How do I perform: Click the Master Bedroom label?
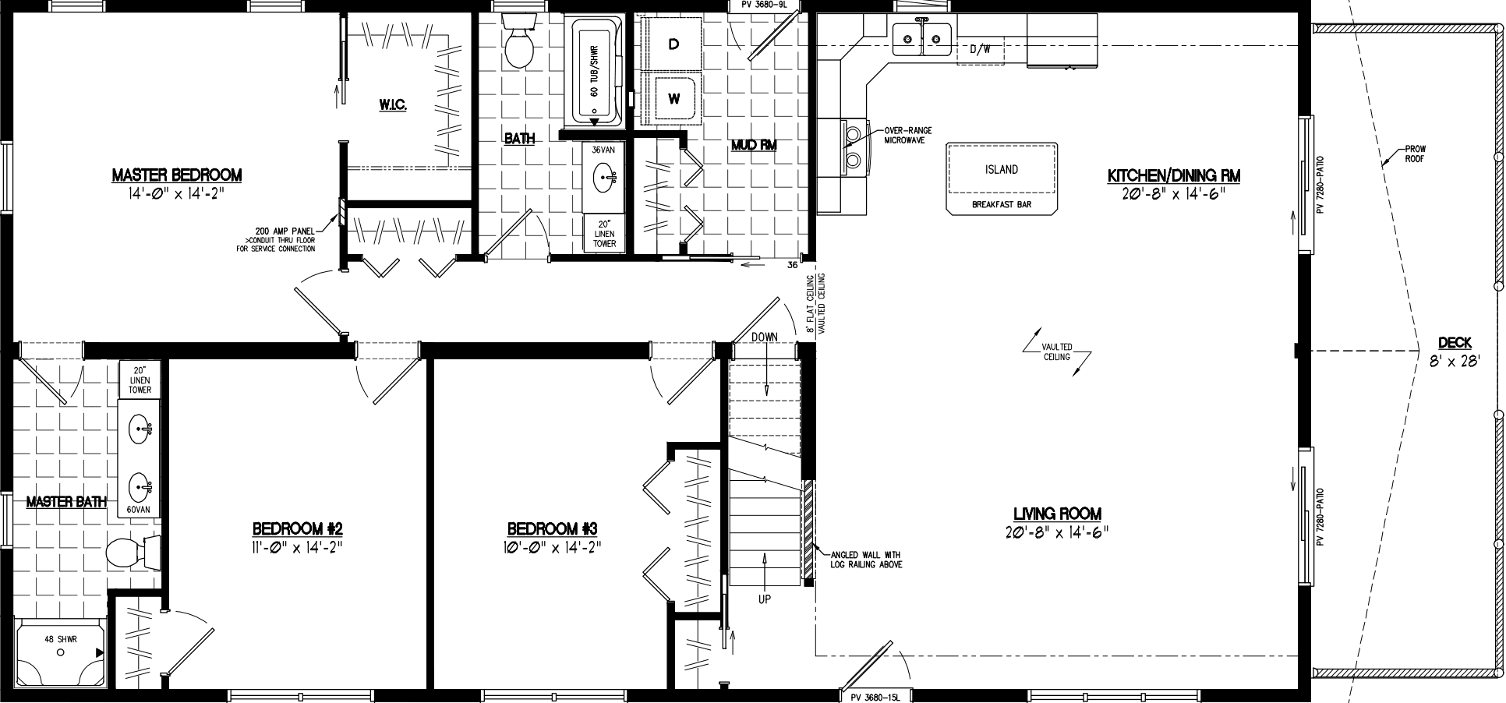pos(176,175)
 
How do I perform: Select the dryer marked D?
pos(673,44)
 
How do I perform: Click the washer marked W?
pos(673,99)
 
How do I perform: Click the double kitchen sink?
pos(922,36)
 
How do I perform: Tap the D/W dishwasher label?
pos(980,49)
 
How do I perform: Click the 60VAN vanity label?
pos(140,510)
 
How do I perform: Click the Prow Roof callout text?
pos(1416,154)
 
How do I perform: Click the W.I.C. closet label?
pos(394,104)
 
